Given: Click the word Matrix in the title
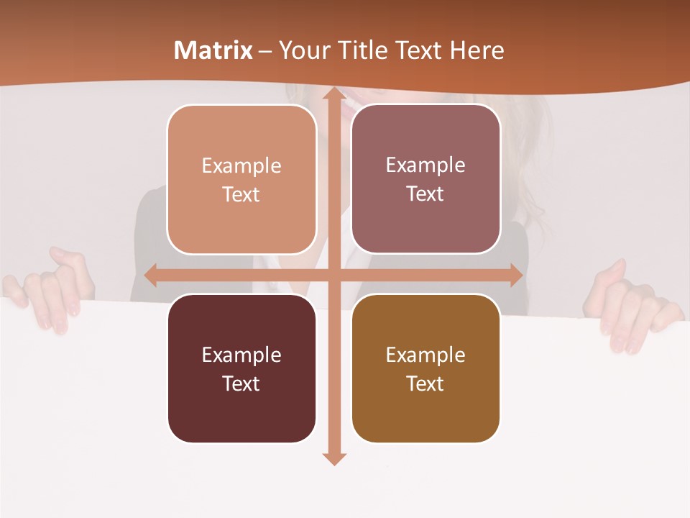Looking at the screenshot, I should click(x=213, y=50).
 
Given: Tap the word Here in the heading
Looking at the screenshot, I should click(x=477, y=50).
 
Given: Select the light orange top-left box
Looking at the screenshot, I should click(x=241, y=180).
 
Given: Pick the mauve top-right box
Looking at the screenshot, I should click(x=425, y=179).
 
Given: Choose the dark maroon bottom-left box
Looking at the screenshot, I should click(x=241, y=368).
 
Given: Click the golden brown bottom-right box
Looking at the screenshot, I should click(x=425, y=368).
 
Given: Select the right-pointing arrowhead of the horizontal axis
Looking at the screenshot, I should click(x=515, y=275).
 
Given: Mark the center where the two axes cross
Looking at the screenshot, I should click(x=333, y=275).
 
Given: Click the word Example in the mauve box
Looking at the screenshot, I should click(x=425, y=165).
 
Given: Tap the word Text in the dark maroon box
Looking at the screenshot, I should click(x=241, y=383).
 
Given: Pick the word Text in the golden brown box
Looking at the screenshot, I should click(x=425, y=383).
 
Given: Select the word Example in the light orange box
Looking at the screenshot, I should click(x=241, y=165).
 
